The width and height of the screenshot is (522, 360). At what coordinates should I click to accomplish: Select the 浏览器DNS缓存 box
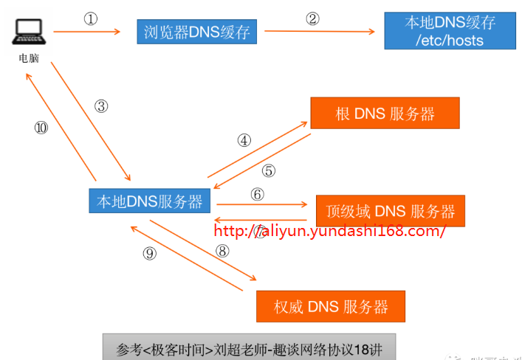pos(196,32)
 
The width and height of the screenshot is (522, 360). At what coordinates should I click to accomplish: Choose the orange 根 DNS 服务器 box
pos(385,114)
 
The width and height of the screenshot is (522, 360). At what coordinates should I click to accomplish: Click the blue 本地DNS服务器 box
pos(149,201)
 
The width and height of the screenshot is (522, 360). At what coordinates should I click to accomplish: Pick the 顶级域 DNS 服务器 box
pos(390,211)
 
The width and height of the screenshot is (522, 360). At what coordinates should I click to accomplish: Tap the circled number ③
pos(101,105)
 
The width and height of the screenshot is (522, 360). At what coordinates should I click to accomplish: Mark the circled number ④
pos(244,140)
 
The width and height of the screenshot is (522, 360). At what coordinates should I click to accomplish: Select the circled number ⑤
pos(269,170)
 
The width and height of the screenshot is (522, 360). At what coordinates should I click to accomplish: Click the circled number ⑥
pos(257,194)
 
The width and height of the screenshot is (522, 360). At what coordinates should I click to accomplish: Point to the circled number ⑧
pos(222,250)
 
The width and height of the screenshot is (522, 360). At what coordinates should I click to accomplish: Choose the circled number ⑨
pos(150,254)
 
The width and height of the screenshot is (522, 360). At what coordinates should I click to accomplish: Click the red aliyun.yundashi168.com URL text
pos(329,231)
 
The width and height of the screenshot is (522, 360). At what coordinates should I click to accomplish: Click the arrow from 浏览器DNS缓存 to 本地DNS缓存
pos(319,32)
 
